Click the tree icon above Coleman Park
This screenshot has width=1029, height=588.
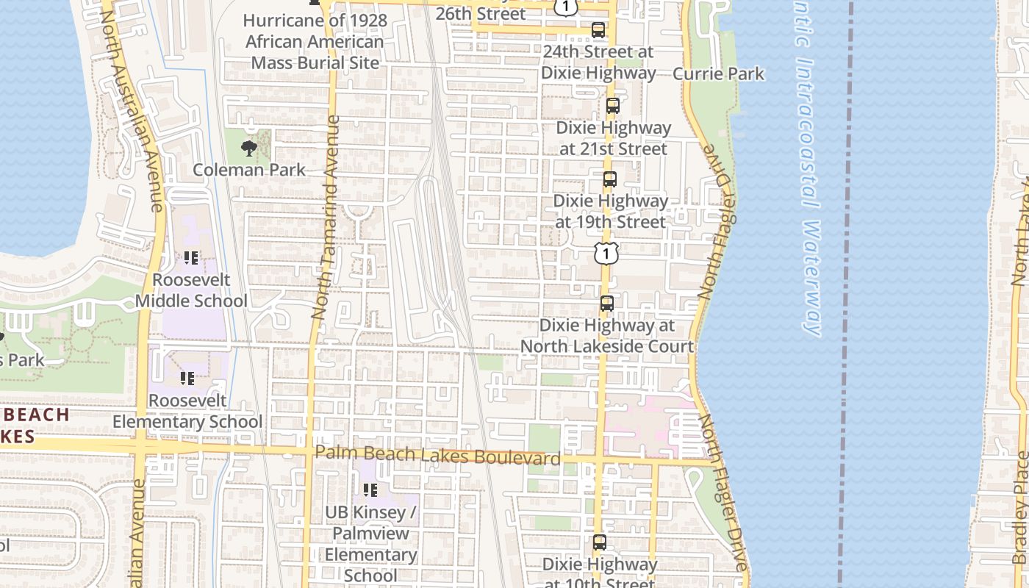pos(249,148)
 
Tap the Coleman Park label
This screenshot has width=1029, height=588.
pos(249,170)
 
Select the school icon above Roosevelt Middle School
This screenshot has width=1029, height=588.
pos(191,258)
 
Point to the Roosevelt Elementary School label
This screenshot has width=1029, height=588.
pos(187,411)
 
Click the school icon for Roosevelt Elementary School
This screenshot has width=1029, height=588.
pos(187,379)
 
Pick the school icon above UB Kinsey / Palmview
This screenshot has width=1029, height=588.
pos(370,490)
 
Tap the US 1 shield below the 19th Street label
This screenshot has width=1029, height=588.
pos(606,254)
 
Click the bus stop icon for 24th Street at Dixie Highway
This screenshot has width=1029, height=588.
pos(598,30)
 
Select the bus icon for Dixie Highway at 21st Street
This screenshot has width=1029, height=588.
pos(613,106)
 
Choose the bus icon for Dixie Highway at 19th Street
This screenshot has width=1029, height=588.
pos(609,179)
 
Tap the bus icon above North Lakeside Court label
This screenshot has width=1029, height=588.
pos(607,303)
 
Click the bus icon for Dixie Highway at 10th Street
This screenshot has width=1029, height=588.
pos(600,542)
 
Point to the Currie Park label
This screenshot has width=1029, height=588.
pos(718,73)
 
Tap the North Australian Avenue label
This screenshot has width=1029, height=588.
pos(132,110)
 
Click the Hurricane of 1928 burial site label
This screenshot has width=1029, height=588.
pos(315,41)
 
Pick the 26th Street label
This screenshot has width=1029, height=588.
pos(481,13)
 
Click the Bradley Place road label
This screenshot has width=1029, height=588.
pos(1020,507)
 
